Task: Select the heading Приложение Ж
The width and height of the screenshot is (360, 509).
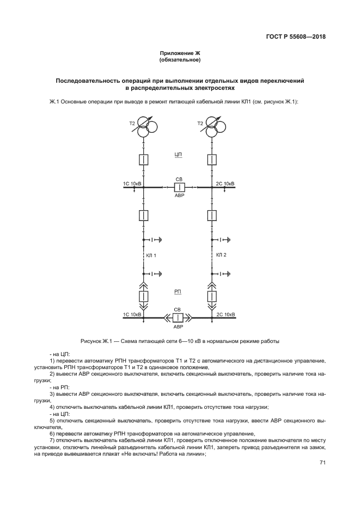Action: (x=180, y=53)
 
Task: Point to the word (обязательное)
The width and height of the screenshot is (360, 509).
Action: (x=180, y=59)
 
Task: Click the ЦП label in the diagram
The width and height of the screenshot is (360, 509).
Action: (x=178, y=155)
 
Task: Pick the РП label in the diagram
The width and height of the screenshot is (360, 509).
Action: (x=178, y=292)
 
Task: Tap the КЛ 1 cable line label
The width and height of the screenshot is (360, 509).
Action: (x=151, y=255)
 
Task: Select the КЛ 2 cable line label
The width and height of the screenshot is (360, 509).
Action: (x=221, y=255)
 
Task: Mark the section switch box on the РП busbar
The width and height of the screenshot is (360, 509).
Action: (x=178, y=317)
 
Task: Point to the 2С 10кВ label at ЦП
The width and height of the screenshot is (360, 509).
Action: (x=225, y=184)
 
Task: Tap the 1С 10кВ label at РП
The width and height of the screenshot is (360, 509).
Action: (x=132, y=314)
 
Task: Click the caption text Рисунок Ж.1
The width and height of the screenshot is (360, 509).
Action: (x=96, y=341)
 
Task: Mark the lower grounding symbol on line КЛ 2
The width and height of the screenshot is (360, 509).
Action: (x=223, y=274)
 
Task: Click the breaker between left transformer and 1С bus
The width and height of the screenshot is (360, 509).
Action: (x=143, y=160)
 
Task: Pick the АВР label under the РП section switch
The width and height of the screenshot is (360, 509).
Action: (x=178, y=327)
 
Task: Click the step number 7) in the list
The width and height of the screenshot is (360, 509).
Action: (x=52, y=439)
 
